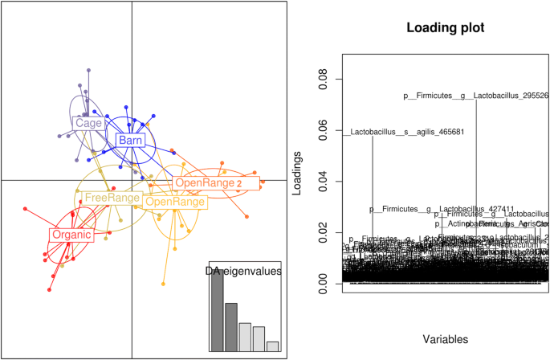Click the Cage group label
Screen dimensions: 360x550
(x=88, y=123)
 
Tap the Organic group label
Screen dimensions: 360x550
(x=71, y=235)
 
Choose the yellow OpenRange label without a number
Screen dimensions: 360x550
(x=175, y=202)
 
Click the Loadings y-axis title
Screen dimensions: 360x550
(x=308, y=181)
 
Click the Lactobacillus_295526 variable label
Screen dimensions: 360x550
(x=476, y=96)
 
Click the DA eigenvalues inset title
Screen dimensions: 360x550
(x=243, y=272)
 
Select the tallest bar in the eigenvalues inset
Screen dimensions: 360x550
(x=216, y=311)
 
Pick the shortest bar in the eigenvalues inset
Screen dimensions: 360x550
(x=272, y=346)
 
